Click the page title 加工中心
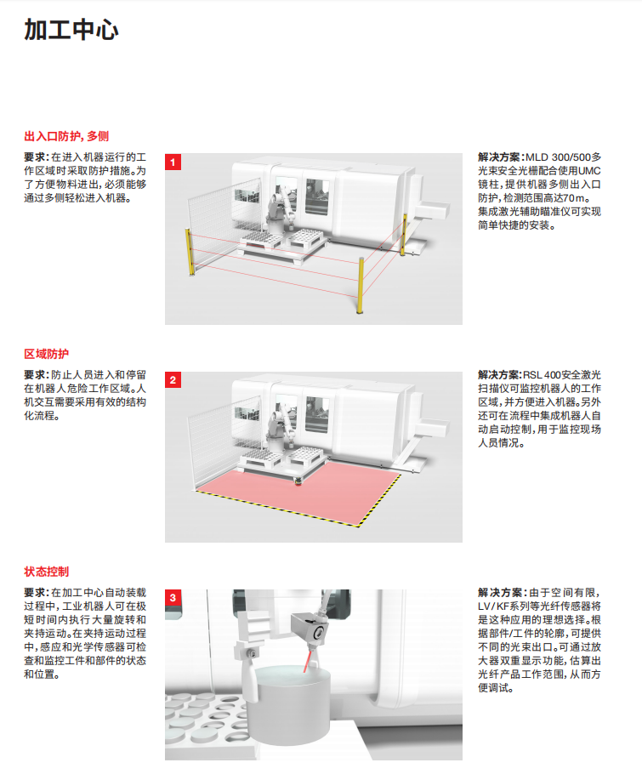click(71, 30)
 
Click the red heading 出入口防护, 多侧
click(66, 136)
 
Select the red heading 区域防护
click(47, 354)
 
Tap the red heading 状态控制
click(47, 572)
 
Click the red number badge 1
click(173, 162)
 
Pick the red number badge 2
click(173, 379)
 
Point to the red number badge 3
click(173, 597)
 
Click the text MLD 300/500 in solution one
click(558, 157)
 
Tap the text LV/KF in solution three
click(494, 606)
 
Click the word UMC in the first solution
click(589, 171)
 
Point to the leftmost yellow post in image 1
click(190, 252)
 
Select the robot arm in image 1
click(281, 210)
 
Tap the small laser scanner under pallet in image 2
click(298, 481)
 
